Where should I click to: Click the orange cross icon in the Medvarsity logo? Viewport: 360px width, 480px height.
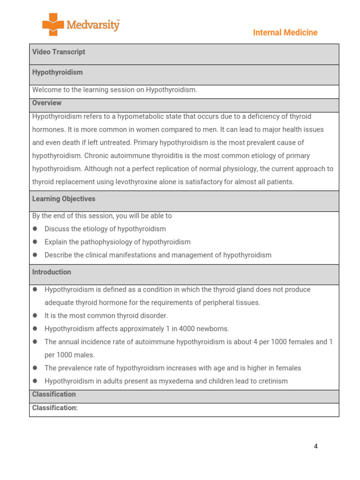[x=53, y=24]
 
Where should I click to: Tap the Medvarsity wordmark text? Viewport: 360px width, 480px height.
[x=93, y=25]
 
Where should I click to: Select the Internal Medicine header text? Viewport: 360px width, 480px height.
[x=285, y=32]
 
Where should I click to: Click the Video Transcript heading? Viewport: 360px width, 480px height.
[x=59, y=52]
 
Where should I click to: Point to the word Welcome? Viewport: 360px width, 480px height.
[x=46, y=90]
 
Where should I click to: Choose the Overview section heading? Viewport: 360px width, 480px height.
[x=47, y=103]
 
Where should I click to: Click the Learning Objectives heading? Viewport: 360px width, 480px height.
[x=64, y=199]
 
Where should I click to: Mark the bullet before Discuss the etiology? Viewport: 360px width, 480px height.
[x=35, y=229]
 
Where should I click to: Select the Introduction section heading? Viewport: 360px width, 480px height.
[x=52, y=272]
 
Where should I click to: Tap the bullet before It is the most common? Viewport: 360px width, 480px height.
[x=35, y=316]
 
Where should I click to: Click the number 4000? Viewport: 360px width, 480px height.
[x=186, y=329]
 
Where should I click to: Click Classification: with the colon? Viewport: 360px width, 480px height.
[x=55, y=408]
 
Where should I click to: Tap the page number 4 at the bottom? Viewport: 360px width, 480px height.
[x=315, y=446]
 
